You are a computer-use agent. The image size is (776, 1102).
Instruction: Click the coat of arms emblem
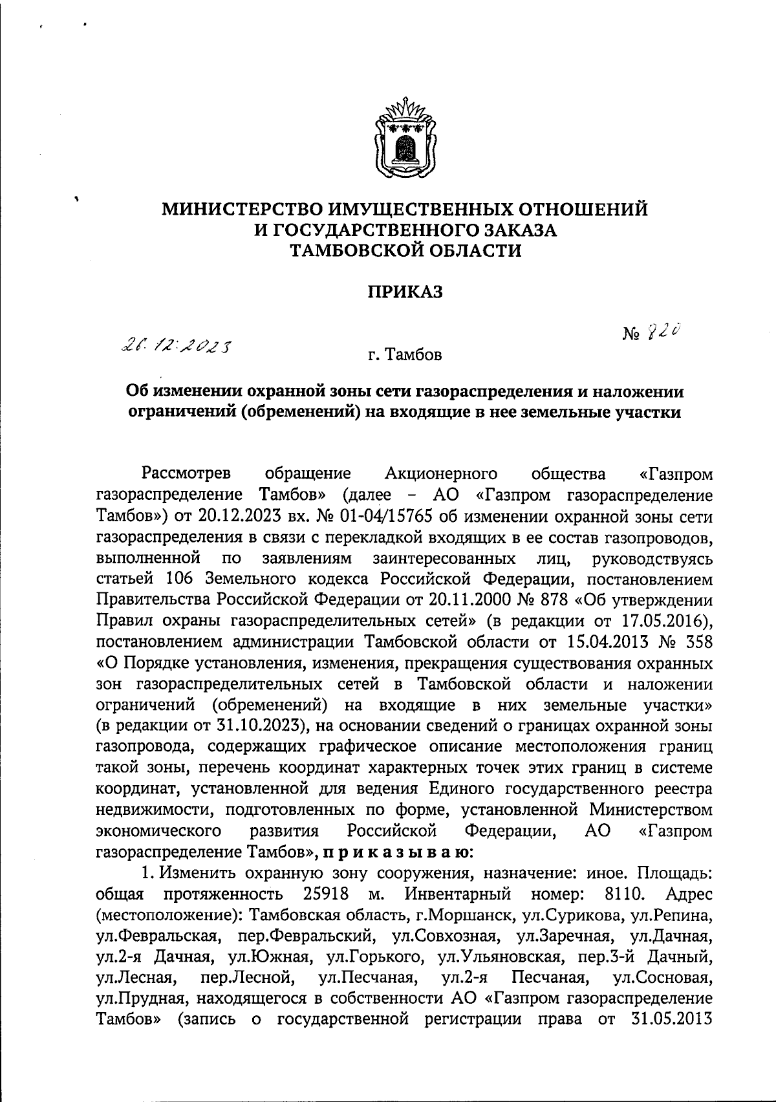[x=405, y=137]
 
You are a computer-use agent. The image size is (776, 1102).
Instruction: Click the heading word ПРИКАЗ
[x=405, y=292]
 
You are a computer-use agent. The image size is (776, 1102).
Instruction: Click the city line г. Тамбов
[x=405, y=355]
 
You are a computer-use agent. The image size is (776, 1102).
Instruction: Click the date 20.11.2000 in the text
[x=463, y=600]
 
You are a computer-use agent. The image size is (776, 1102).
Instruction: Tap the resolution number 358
[x=698, y=642]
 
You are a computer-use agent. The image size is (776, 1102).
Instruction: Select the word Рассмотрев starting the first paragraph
[x=189, y=474]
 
